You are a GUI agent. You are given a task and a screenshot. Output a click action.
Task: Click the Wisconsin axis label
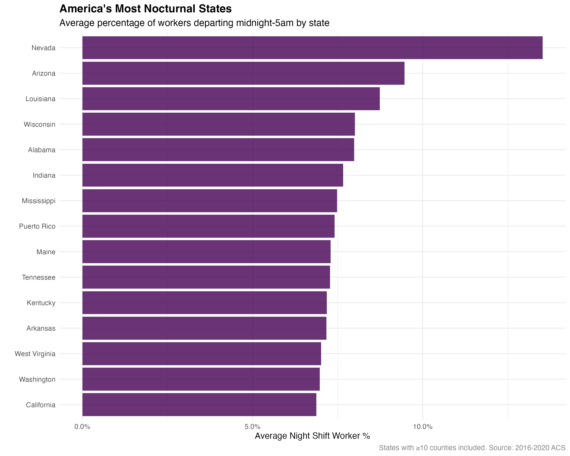pos(40,124)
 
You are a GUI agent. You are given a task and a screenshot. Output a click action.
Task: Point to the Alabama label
pos(42,150)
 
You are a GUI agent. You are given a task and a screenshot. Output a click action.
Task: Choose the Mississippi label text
pos(39,201)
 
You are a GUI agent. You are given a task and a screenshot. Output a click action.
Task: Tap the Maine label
pos(46,252)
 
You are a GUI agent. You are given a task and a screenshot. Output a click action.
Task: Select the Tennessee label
pos(39,277)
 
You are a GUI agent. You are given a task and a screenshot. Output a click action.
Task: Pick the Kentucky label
pos(41,303)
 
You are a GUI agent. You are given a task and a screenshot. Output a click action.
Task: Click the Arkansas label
pos(41,328)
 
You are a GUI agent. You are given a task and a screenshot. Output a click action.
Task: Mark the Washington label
pos(37,379)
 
